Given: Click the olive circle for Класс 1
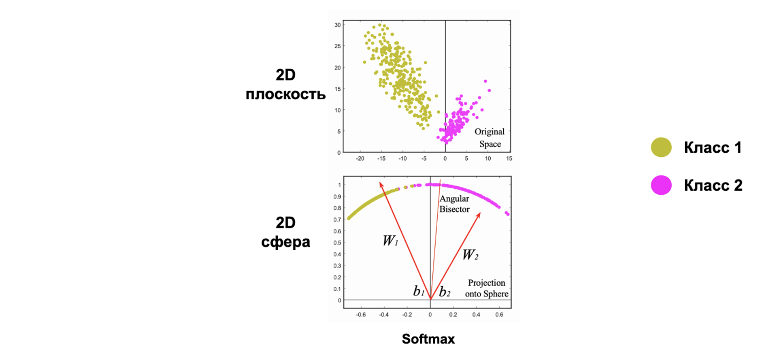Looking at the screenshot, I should pyautogui.click(x=661, y=147).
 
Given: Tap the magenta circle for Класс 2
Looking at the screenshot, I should pyautogui.click(x=661, y=185).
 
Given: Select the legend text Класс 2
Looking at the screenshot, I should pyautogui.click(x=713, y=185).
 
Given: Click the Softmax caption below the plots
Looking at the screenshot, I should pyautogui.click(x=428, y=339).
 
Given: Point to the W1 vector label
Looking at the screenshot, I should pyautogui.click(x=390, y=241).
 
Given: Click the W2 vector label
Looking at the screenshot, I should pyautogui.click(x=470, y=255).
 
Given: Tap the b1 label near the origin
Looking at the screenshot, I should pyautogui.click(x=419, y=291).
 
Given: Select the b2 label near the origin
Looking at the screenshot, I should pyautogui.click(x=445, y=292).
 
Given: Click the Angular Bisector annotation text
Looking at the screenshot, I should pyautogui.click(x=454, y=204).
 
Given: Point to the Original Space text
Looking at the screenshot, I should pyautogui.click(x=490, y=138).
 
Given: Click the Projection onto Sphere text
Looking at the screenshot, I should pyautogui.click(x=486, y=288).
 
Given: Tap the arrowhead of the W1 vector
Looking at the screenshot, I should pyautogui.click(x=381, y=184).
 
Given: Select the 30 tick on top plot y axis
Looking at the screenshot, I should pyautogui.click(x=337, y=25).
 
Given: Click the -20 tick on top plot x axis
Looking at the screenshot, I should pyautogui.click(x=360, y=159).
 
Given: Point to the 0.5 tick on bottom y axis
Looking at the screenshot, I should pyautogui.click(x=337, y=243).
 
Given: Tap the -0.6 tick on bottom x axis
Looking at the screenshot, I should pyautogui.click(x=361, y=315).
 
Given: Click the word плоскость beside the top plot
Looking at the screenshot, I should pyautogui.click(x=285, y=94).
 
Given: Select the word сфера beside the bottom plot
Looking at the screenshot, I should pyautogui.click(x=285, y=242).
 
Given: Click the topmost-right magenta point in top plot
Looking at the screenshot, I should pyautogui.click(x=485, y=81).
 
